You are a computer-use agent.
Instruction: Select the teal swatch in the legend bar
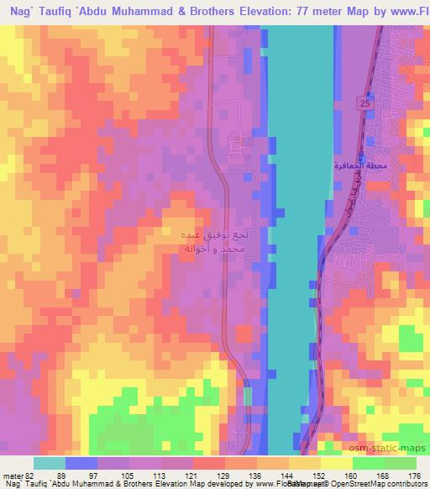tap(48, 464)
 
